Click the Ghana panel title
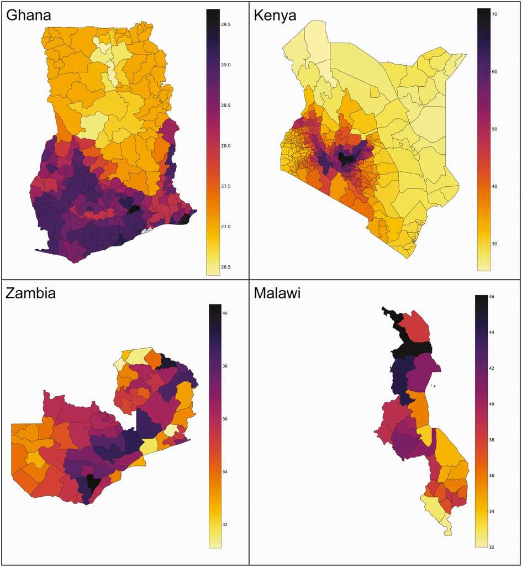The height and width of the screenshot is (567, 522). coord(29,15)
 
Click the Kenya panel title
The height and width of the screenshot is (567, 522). coord(276,15)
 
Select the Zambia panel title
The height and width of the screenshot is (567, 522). coord(31,293)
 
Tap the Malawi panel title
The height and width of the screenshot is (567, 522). coord(277,293)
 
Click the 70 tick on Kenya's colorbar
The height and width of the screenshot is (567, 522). coord(495,14)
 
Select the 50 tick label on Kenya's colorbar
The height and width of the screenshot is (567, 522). coord(495,129)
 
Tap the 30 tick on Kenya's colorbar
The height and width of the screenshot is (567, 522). coord(495,244)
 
